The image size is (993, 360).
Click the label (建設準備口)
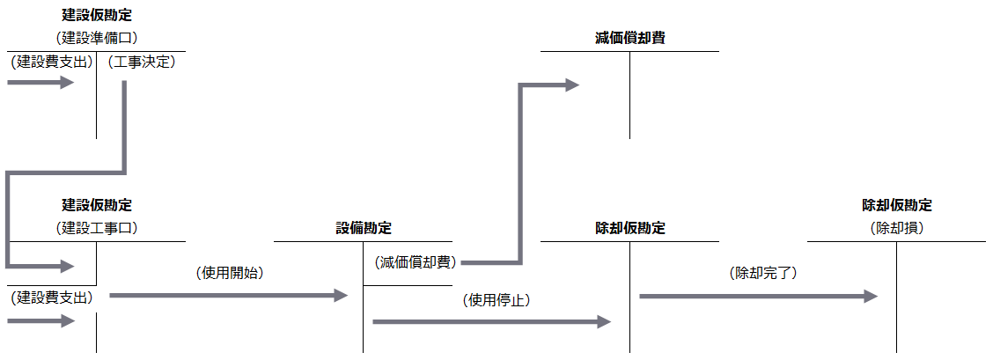pos(97,37)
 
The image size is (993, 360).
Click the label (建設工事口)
pos(97,228)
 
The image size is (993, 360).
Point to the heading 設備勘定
pos(364,228)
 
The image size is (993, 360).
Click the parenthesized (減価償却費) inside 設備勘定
pos(413,262)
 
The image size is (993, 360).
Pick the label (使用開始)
pos(230,274)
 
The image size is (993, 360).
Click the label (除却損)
pos(896,228)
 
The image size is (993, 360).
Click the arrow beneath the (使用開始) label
pos(229,296)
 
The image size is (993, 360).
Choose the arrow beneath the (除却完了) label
pos(758,297)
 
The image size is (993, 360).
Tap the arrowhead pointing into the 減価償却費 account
pos(571,85)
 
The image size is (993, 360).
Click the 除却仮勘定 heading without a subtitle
pos(629,228)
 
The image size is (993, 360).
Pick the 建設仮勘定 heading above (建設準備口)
pos(97,15)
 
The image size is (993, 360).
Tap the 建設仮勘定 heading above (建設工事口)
pos(97,205)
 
